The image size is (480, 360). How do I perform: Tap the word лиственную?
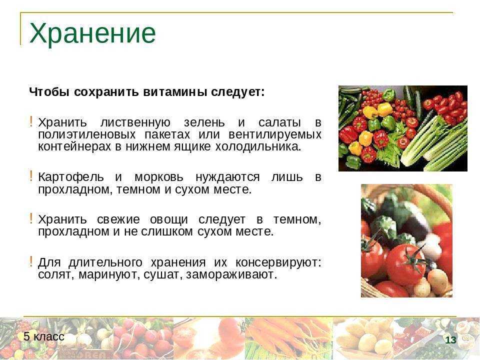click(x=135, y=122)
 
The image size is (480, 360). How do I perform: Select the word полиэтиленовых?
click(x=87, y=134)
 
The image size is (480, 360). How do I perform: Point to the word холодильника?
click(x=258, y=146)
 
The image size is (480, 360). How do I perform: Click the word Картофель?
click(x=71, y=177)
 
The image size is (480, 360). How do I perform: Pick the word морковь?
click(x=159, y=177)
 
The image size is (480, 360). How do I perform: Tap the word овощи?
click(x=168, y=220)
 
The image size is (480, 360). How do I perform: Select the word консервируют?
click(x=278, y=262)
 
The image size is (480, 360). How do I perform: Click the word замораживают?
click(x=231, y=274)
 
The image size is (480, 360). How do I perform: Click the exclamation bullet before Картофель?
click(x=31, y=176)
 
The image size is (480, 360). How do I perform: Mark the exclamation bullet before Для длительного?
click(x=31, y=261)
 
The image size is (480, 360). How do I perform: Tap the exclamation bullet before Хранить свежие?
click(x=31, y=219)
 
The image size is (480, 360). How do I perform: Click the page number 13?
click(x=450, y=340)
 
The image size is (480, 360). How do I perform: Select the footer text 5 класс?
click(x=44, y=336)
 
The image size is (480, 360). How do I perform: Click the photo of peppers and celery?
click(x=403, y=128)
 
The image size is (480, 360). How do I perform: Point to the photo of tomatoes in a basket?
click(x=406, y=240)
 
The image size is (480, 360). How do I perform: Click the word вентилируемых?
click(x=275, y=134)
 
